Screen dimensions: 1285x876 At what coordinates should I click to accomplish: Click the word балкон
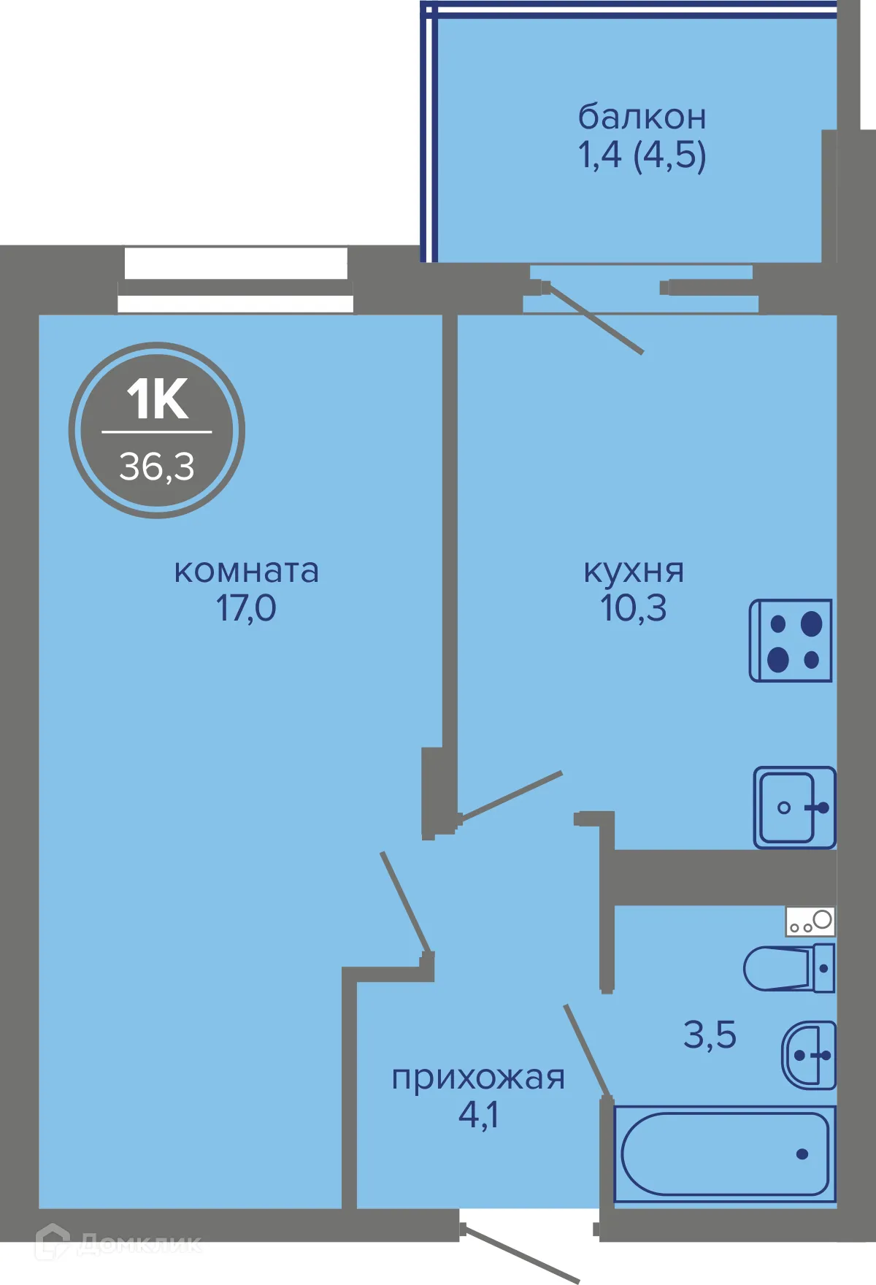642,117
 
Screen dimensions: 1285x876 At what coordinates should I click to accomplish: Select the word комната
246,571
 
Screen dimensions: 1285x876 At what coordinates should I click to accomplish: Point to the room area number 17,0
246,608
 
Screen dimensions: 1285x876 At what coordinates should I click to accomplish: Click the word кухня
634,571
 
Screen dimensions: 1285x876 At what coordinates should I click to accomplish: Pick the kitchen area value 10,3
634,608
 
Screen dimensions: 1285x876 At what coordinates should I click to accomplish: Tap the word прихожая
478,1078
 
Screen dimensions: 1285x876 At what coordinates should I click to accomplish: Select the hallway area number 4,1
478,1115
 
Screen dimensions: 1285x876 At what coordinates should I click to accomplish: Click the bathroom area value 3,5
710,1035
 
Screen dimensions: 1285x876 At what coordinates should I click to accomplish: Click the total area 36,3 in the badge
157,467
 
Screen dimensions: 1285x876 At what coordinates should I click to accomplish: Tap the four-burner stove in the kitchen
791,641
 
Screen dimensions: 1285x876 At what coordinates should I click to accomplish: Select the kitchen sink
794,808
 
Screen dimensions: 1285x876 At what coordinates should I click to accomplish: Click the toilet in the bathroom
788,968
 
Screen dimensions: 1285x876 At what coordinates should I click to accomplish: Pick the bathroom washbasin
810,1055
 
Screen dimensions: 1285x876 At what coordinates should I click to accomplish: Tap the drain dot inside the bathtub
802,1154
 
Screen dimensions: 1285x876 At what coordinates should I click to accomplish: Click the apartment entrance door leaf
521,1254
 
